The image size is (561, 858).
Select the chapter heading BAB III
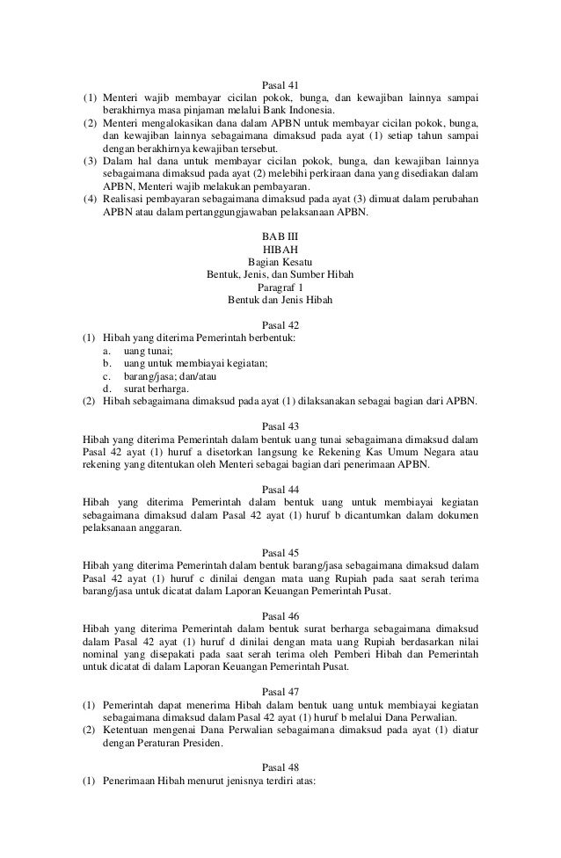coord(280,238)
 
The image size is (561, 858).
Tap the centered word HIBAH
coord(280,251)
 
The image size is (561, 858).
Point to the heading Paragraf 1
coord(280,287)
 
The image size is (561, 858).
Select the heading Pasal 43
coord(280,422)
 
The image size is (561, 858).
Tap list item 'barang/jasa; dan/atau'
coord(171,374)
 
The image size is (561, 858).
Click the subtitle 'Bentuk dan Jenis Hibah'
coord(280,299)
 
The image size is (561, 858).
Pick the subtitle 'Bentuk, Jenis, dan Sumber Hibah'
coord(280,274)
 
